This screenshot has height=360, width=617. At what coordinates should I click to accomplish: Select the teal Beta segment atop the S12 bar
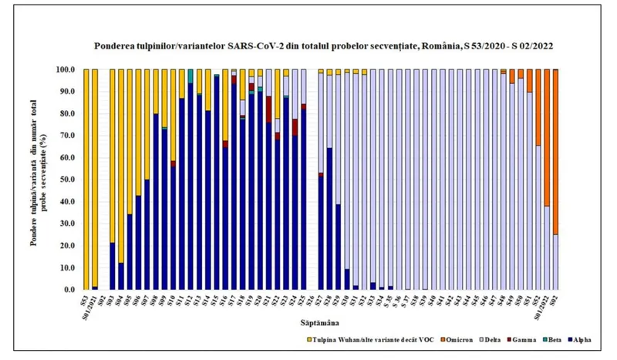click(190, 76)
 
